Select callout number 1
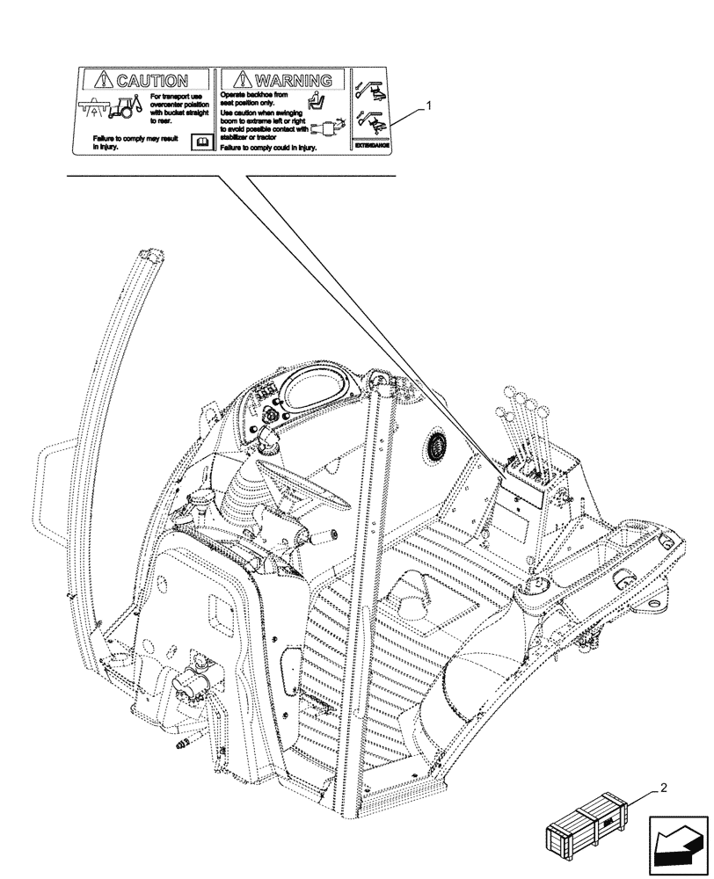[427, 105]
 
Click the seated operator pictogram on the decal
[319, 99]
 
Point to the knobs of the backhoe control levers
[526, 403]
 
